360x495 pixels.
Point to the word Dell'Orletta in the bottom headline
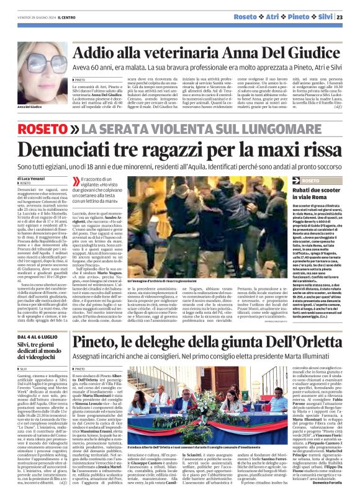299,341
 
